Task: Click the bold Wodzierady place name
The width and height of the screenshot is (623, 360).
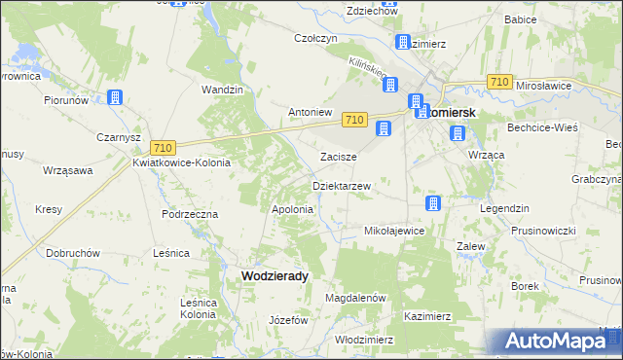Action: coord(275,275)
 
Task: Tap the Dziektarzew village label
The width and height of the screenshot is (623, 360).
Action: coord(341,185)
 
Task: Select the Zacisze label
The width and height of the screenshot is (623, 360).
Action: coord(339,157)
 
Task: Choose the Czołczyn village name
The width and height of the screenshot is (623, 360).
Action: coord(315,39)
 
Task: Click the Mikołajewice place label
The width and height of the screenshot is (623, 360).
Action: coord(393,231)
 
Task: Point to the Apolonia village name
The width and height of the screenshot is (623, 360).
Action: coord(292,209)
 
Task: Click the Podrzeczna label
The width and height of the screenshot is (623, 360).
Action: coord(190,213)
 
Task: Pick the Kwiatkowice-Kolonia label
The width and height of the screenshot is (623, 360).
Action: coord(181,162)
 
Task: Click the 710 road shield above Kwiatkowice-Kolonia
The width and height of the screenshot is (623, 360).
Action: coord(163,147)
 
